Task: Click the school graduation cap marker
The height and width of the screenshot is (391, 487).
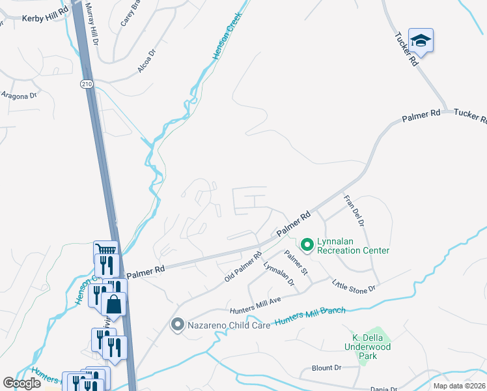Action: [x=421, y=40]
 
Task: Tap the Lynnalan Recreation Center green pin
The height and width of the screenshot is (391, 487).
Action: [x=307, y=245]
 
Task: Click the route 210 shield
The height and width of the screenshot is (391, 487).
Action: [x=87, y=84]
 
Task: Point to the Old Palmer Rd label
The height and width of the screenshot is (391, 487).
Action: [x=243, y=268]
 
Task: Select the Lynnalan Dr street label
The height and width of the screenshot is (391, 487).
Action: [x=279, y=274]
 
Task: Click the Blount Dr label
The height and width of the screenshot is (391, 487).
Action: [x=326, y=368]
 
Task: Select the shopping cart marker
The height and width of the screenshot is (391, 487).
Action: [x=105, y=250]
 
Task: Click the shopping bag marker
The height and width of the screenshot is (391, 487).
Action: [x=113, y=304]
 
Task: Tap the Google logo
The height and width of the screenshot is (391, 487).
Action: [x=21, y=383]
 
